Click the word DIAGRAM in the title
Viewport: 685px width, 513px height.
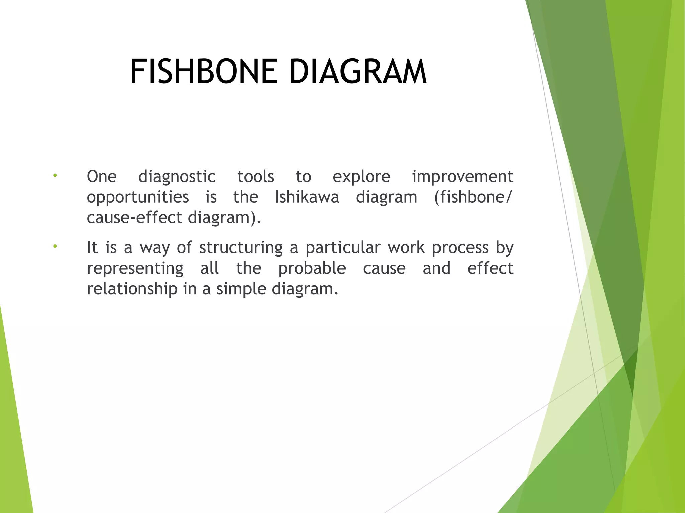(x=358, y=72)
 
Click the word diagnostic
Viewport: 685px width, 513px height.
(x=177, y=177)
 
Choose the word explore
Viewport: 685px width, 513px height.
(x=361, y=177)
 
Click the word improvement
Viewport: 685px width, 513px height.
(x=463, y=177)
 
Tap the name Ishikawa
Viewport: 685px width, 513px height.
(x=307, y=197)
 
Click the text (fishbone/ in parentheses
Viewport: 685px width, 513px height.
(x=473, y=197)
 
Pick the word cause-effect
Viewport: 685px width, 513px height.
(x=134, y=218)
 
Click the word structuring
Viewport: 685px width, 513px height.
(x=241, y=248)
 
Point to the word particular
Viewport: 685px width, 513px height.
(x=343, y=248)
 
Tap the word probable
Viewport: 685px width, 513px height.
(x=312, y=269)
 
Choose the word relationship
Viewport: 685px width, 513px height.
(x=132, y=289)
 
